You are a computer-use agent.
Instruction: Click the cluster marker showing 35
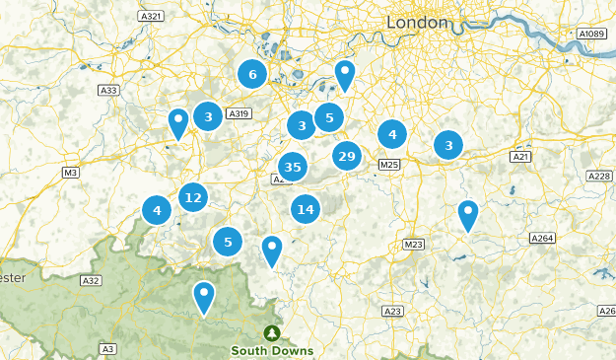pyautogui.click(x=291, y=167)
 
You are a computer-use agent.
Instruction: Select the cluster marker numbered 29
pyautogui.click(x=346, y=156)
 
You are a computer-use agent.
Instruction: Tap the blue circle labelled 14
pyautogui.click(x=306, y=208)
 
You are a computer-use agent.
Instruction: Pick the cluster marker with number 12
pyautogui.click(x=193, y=197)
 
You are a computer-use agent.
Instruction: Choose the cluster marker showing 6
pyautogui.click(x=252, y=74)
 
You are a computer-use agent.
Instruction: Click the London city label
pyautogui.click(x=417, y=22)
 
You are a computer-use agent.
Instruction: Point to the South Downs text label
pyautogui.click(x=272, y=350)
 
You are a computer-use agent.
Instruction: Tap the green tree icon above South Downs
pyautogui.click(x=272, y=332)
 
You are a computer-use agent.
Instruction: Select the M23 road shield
pyautogui.click(x=413, y=244)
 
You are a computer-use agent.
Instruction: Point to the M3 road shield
pyautogui.click(x=70, y=173)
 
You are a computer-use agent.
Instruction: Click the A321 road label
pyautogui.click(x=151, y=17)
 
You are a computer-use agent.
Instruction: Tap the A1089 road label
pyautogui.click(x=591, y=34)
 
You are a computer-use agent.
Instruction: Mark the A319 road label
pyautogui.click(x=240, y=114)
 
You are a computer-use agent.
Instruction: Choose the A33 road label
pyautogui.click(x=108, y=91)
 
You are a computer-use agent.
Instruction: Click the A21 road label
pyautogui.click(x=521, y=157)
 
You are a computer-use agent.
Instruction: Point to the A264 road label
pyautogui.click(x=542, y=238)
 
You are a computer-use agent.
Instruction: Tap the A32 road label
pyautogui.click(x=91, y=281)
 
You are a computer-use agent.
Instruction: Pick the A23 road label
pyautogui.click(x=392, y=311)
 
